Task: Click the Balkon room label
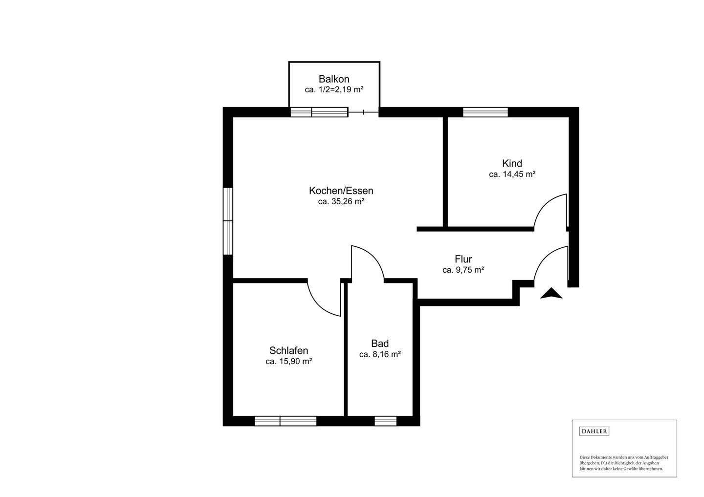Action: (334, 79)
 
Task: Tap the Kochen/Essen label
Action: (341, 191)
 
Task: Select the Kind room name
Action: (512, 163)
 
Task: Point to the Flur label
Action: (463, 259)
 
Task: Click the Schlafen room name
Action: (288, 350)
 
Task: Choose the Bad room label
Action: (380, 344)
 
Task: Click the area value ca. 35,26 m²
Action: (341, 201)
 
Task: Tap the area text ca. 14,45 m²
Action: (512, 174)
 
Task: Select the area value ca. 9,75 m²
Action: (463, 270)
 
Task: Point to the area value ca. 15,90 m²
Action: (288, 362)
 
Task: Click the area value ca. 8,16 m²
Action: (380, 355)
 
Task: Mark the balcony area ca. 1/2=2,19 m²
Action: (334, 90)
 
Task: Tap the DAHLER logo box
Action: (594, 431)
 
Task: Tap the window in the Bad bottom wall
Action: (385, 421)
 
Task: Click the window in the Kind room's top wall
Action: (485, 112)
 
